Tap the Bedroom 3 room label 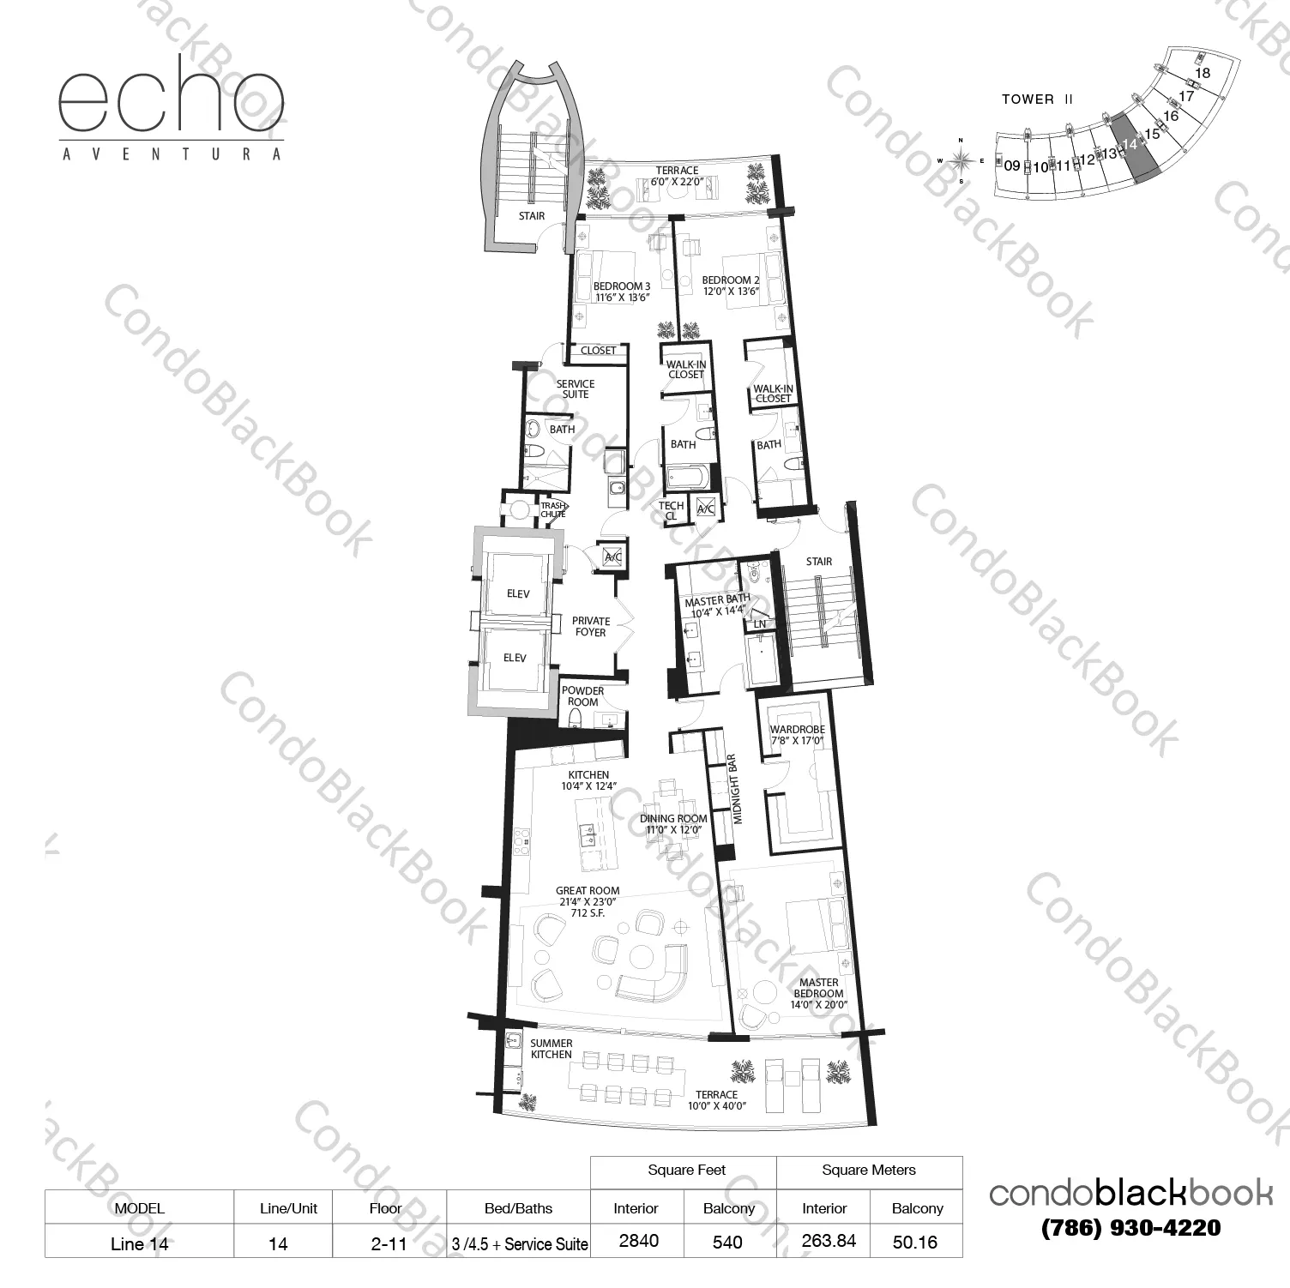coord(622,292)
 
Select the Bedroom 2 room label coord(731,286)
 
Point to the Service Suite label coord(575,389)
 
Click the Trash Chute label coord(553,510)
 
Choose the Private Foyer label coord(591,627)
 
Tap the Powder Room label coord(582,696)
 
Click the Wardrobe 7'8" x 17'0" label coord(797,735)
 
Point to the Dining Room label coord(673,824)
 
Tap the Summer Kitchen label coord(552,1049)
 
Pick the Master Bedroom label coord(819,993)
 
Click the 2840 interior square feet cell coord(638,1242)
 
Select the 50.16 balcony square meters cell coord(915,1242)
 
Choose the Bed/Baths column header coord(518,1208)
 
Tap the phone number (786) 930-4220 coord(1130,1228)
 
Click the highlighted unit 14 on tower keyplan coord(1135,147)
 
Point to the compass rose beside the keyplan coord(961,159)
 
